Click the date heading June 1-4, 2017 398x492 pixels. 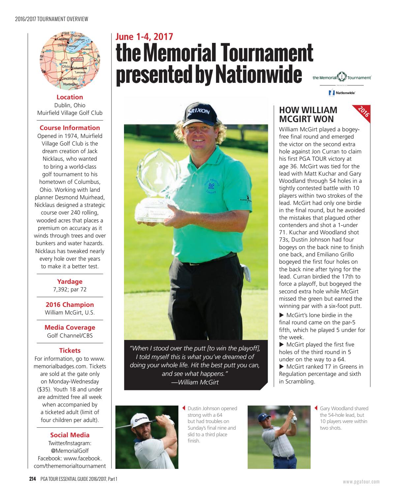[144, 37]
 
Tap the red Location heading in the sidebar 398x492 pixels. [70, 97]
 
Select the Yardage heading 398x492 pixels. [70, 281]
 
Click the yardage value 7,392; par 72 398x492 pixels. [70, 289]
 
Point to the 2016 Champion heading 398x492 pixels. [70, 305]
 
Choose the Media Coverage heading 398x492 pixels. [70, 327]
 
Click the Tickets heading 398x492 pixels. [70, 350]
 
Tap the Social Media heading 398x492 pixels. [70, 435]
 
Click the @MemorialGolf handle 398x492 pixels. [70, 450]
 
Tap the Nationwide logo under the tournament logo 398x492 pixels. [342, 93]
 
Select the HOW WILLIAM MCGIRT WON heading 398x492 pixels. [308, 115]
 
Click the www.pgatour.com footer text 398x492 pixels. [361, 481]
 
